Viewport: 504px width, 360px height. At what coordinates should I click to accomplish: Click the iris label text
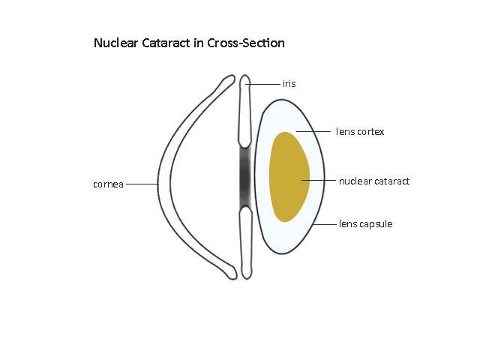[x=289, y=84]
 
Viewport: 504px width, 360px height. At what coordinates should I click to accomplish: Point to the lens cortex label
[x=360, y=132]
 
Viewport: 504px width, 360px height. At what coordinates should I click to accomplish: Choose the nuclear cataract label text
[x=373, y=181]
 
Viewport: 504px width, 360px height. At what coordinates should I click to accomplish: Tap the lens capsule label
[x=366, y=223]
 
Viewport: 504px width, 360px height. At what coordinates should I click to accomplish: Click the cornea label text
[x=108, y=183]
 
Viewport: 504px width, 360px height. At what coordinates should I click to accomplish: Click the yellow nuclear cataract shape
[x=287, y=178]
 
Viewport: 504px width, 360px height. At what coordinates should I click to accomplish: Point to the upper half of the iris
[x=244, y=112]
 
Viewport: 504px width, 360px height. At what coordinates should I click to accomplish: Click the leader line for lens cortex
[x=315, y=132]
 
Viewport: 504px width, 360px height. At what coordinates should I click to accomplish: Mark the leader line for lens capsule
[x=324, y=223]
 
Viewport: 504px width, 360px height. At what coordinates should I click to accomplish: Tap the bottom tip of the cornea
[x=231, y=274]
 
